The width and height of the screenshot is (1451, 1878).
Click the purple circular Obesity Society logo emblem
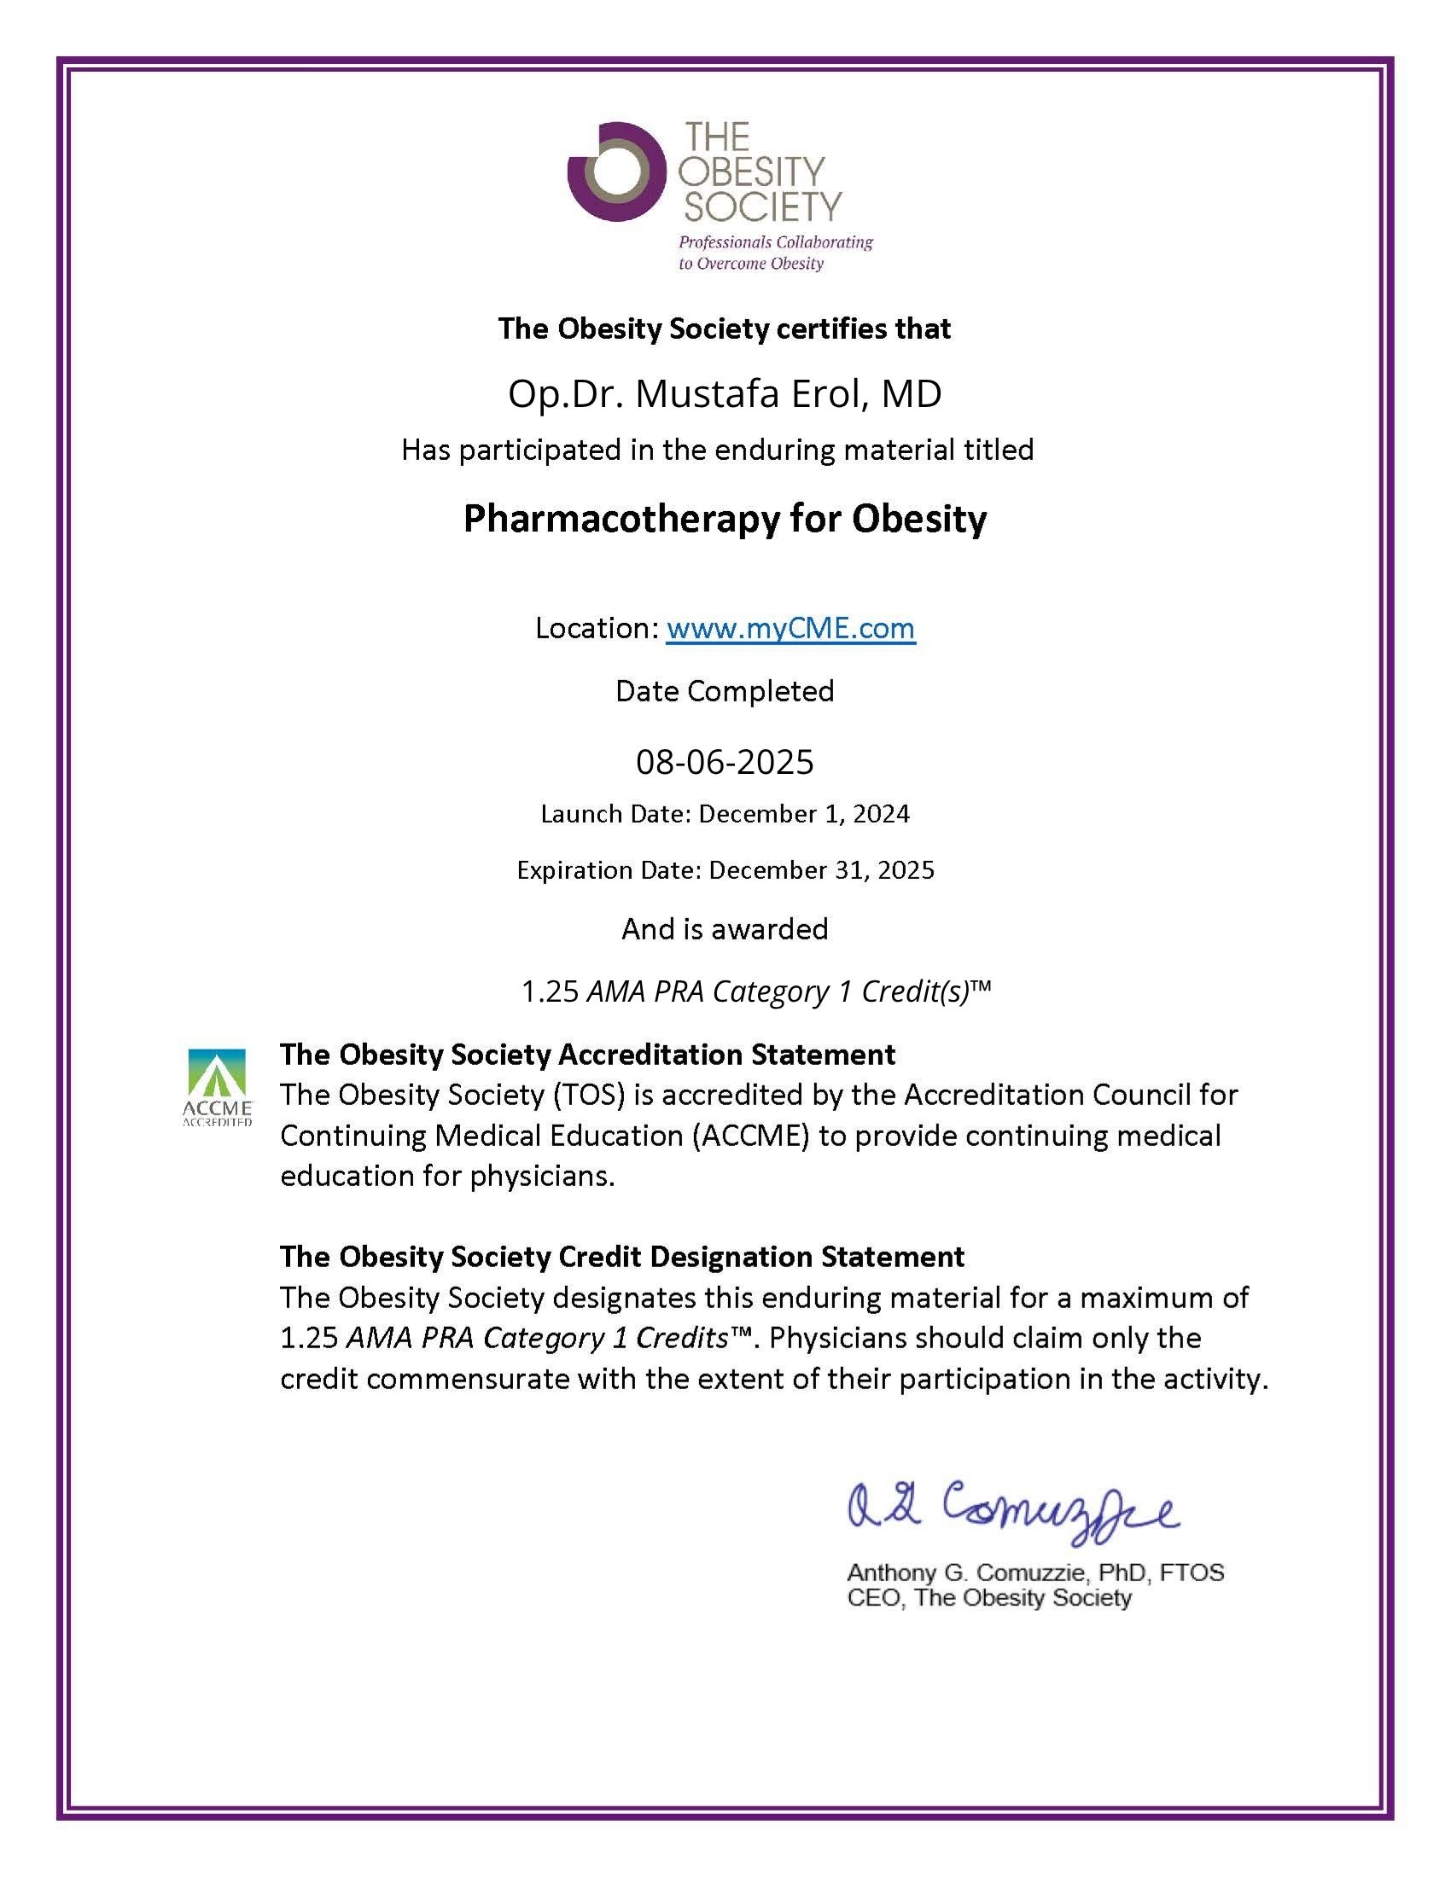click(617, 172)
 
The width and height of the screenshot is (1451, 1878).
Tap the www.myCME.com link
click(790, 629)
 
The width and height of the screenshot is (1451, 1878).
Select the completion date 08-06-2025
click(725, 762)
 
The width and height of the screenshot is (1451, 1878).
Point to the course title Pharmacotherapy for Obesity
click(725, 519)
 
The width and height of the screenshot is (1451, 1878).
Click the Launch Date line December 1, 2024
click(725, 813)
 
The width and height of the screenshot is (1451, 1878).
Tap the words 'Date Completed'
click(725, 691)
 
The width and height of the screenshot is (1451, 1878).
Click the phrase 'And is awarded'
click(725, 928)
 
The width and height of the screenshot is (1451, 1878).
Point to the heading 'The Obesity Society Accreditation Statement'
click(587, 1055)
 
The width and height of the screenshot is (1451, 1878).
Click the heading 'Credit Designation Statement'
click(761, 1256)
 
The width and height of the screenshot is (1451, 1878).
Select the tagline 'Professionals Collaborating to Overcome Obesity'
click(774, 253)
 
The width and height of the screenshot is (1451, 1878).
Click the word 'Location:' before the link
click(597, 629)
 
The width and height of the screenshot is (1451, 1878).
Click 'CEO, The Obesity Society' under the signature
click(989, 1598)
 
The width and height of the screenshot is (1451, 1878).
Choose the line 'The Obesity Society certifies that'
click(724, 329)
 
